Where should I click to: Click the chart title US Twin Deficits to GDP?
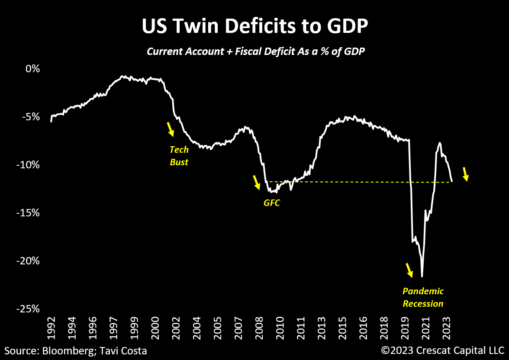pyautogui.click(x=254, y=26)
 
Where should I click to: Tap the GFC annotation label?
pyautogui.click(x=272, y=202)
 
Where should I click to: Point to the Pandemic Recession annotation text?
pyautogui.click(x=423, y=297)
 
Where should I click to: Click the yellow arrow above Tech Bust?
pyautogui.click(x=171, y=129)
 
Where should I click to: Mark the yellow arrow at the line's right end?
pyautogui.click(x=465, y=174)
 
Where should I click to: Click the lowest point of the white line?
pyautogui.click(x=422, y=276)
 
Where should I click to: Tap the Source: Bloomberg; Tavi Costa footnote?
pyautogui.click(x=76, y=350)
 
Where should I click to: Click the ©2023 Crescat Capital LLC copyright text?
pyautogui.click(x=442, y=350)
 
